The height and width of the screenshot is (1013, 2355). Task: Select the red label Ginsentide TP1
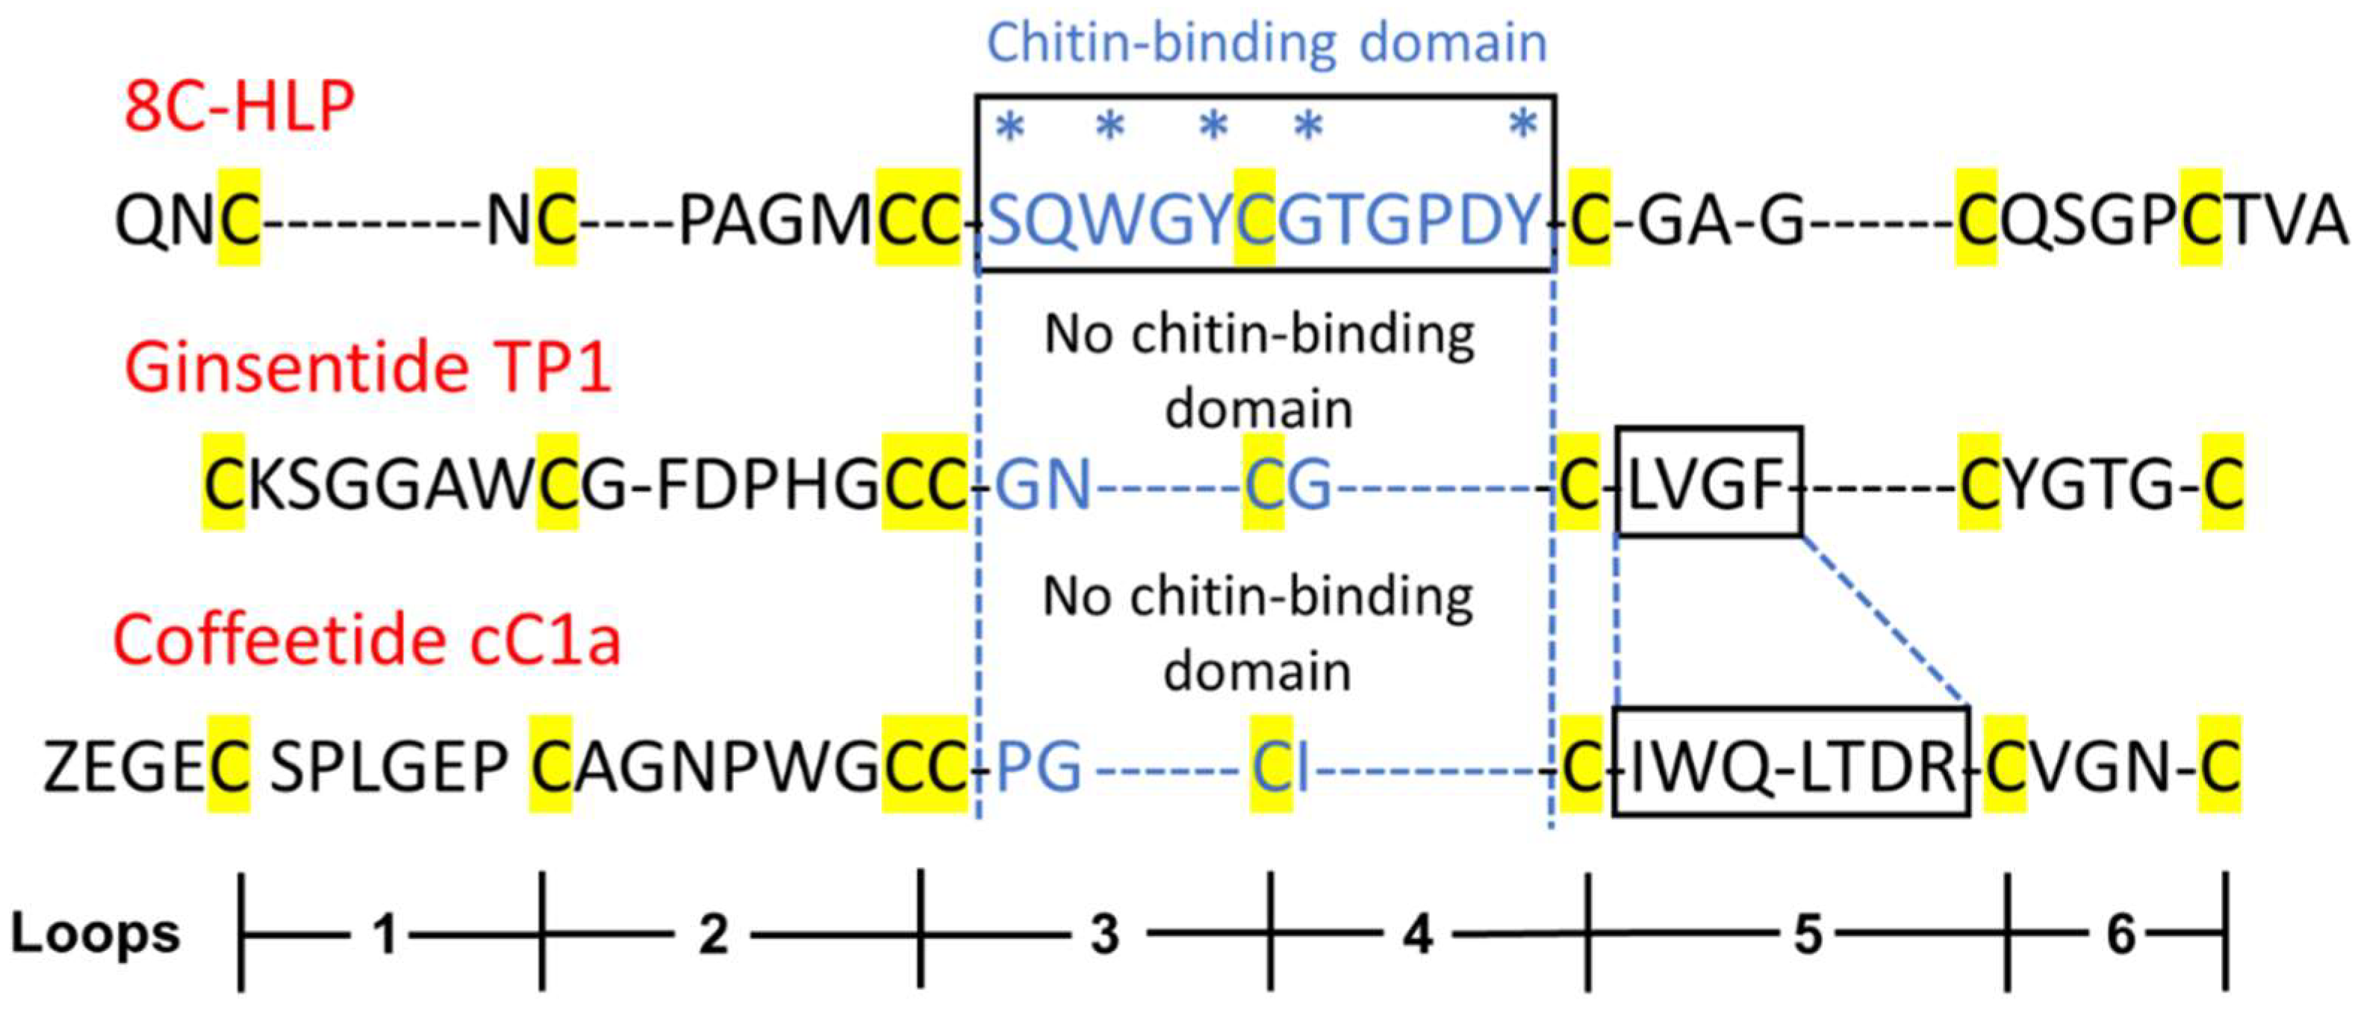pyautogui.click(x=367, y=369)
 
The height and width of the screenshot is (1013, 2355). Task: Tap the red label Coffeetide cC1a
pyautogui.click(x=367, y=639)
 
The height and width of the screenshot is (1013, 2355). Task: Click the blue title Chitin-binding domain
pyautogui.click(x=1266, y=43)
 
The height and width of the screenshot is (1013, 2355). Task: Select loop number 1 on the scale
pyautogui.click(x=386, y=935)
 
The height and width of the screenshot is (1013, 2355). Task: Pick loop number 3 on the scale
pyautogui.click(x=1104, y=935)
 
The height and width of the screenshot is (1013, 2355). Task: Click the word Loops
pyautogui.click(x=95, y=935)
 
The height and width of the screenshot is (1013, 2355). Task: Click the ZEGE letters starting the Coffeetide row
pyautogui.click(x=125, y=766)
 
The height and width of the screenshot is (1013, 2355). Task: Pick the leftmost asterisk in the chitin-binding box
pyautogui.click(x=1009, y=127)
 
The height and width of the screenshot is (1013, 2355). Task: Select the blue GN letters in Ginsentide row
pyautogui.click(x=1042, y=484)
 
